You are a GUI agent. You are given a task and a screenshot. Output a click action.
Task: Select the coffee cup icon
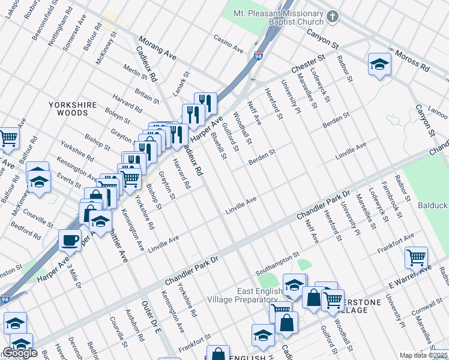point(70,240)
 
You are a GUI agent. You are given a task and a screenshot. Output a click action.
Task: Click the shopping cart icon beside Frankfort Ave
point(416,258)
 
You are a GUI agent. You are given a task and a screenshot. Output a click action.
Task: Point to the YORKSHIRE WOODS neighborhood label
point(72,109)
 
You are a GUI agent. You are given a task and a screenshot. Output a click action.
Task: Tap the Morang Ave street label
point(157,49)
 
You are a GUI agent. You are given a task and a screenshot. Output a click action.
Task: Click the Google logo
point(20,353)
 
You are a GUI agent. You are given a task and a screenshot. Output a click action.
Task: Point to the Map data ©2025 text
point(424,355)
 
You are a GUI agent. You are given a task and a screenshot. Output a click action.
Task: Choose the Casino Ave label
point(228,43)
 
